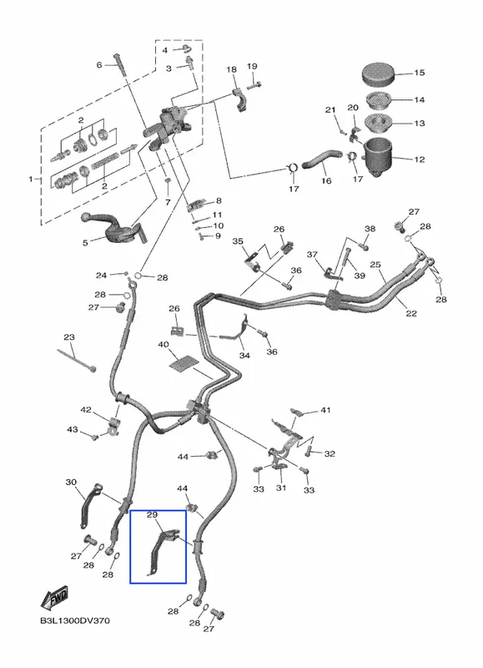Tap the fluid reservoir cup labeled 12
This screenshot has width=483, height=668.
378,157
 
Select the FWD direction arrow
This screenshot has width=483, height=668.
54,598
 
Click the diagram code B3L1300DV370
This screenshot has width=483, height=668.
75,620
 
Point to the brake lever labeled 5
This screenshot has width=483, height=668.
114,227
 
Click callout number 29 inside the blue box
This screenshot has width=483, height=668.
152,514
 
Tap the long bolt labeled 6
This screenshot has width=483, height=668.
120,65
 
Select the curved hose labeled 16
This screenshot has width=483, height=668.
322,159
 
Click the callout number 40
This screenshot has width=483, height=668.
164,344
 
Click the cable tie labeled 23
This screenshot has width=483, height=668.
77,361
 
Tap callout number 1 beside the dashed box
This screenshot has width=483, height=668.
31,180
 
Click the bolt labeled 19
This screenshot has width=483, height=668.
254,84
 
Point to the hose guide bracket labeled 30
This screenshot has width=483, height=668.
90,505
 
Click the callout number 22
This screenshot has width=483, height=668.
411,314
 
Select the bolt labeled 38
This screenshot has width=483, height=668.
363,245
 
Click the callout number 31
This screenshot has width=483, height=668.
281,488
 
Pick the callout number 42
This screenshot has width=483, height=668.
86,410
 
